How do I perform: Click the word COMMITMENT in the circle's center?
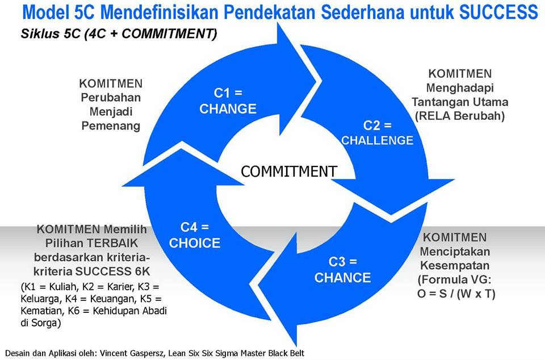pos(289,171)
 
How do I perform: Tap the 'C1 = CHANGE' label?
pos(228,101)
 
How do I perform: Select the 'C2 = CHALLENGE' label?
pos(377,133)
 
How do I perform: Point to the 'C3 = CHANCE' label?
pos(343,270)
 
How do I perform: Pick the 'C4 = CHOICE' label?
pos(195,235)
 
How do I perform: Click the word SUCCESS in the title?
pos(498,12)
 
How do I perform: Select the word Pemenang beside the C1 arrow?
pos(111,125)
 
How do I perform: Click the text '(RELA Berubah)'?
pos(460,116)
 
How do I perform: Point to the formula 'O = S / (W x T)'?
pos(456,294)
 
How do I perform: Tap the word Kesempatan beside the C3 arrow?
pos(455,265)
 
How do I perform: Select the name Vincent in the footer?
pos(114,353)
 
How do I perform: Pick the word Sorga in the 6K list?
pos(46,323)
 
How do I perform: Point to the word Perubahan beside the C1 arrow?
pos(111,98)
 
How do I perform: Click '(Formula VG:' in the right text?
pos(455,279)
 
